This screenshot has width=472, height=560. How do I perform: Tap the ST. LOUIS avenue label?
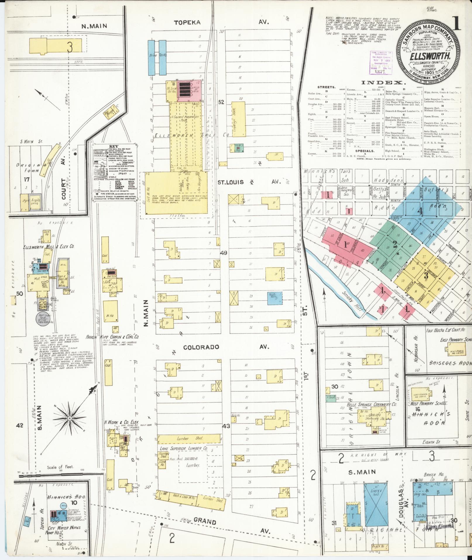pyautogui.click(x=230, y=182)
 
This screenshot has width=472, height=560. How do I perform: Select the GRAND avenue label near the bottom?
pyautogui.click(x=205, y=521)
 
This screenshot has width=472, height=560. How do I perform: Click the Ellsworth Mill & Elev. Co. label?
pyautogui.click(x=49, y=246)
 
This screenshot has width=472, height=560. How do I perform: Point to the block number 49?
pyautogui.click(x=224, y=253)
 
